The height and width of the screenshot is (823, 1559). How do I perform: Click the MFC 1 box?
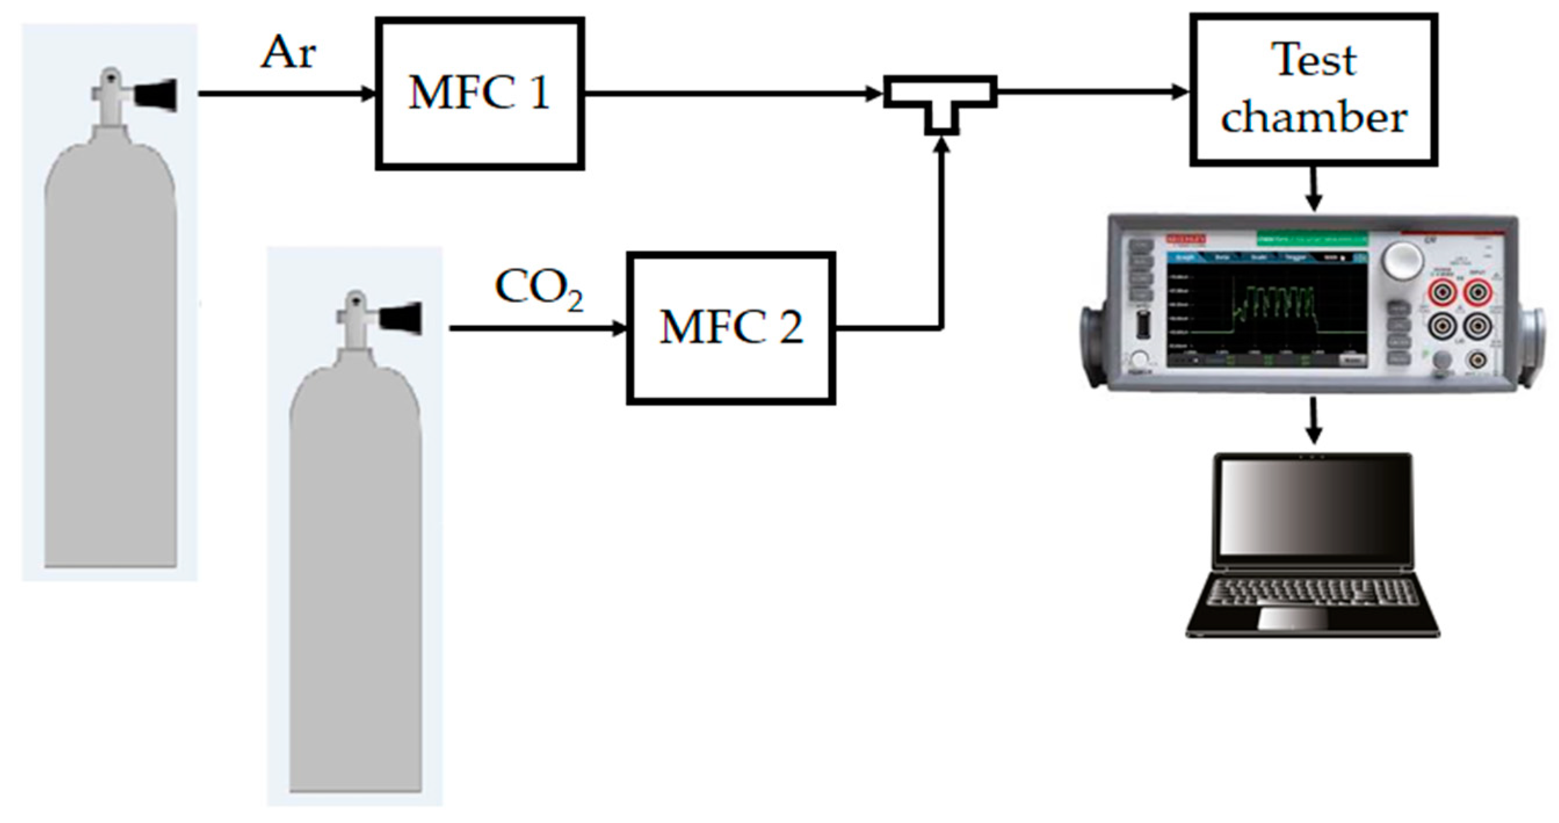point(479,93)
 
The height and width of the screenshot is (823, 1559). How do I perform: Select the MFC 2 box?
point(730,328)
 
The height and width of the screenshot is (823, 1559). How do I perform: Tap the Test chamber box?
point(1313,89)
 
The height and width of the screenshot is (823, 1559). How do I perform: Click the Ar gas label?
point(288,53)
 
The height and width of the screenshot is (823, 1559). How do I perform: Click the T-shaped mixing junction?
point(940,97)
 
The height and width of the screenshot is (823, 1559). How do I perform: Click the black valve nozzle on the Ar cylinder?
point(155,95)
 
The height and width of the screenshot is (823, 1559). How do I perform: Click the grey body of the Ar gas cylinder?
point(111,375)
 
